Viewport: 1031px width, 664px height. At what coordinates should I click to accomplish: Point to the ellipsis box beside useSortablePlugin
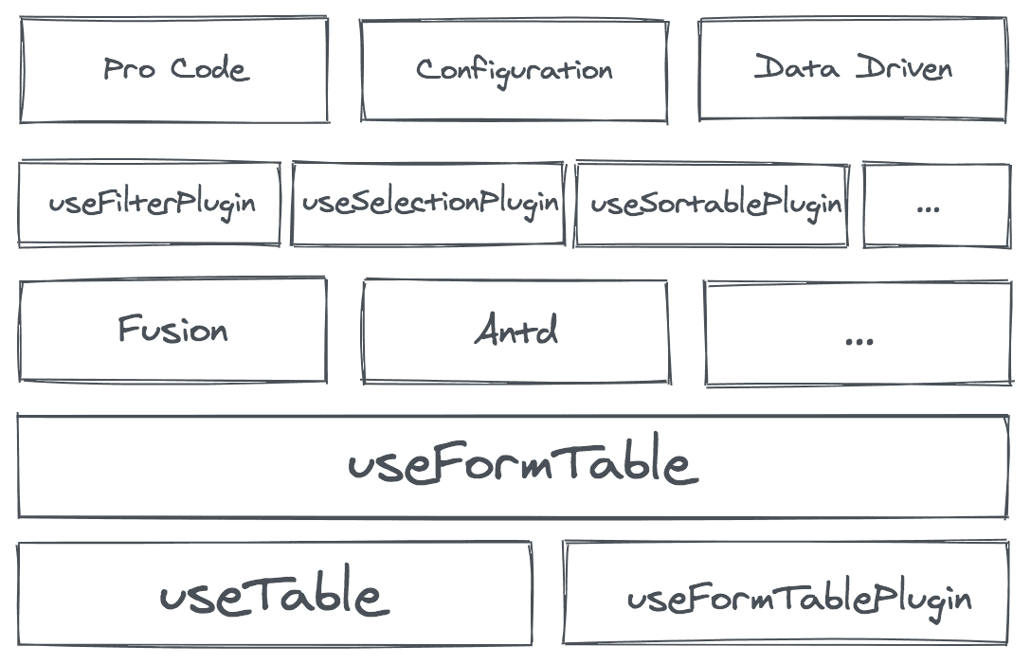[x=935, y=204]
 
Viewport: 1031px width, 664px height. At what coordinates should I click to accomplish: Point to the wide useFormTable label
[x=523, y=465]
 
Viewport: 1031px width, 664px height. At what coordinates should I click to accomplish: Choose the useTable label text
[x=270, y=595]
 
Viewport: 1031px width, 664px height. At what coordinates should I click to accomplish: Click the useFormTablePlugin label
[x=799, y=599]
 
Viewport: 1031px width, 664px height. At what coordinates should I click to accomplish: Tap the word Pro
[x=129, y=68]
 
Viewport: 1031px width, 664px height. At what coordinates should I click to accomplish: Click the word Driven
[x=904, y=67]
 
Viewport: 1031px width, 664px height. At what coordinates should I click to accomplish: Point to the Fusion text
[x=172, y=329]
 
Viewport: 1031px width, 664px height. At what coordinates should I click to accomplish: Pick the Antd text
[x=515, y=330]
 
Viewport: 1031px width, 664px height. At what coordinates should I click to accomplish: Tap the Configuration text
[x=514, y=70]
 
